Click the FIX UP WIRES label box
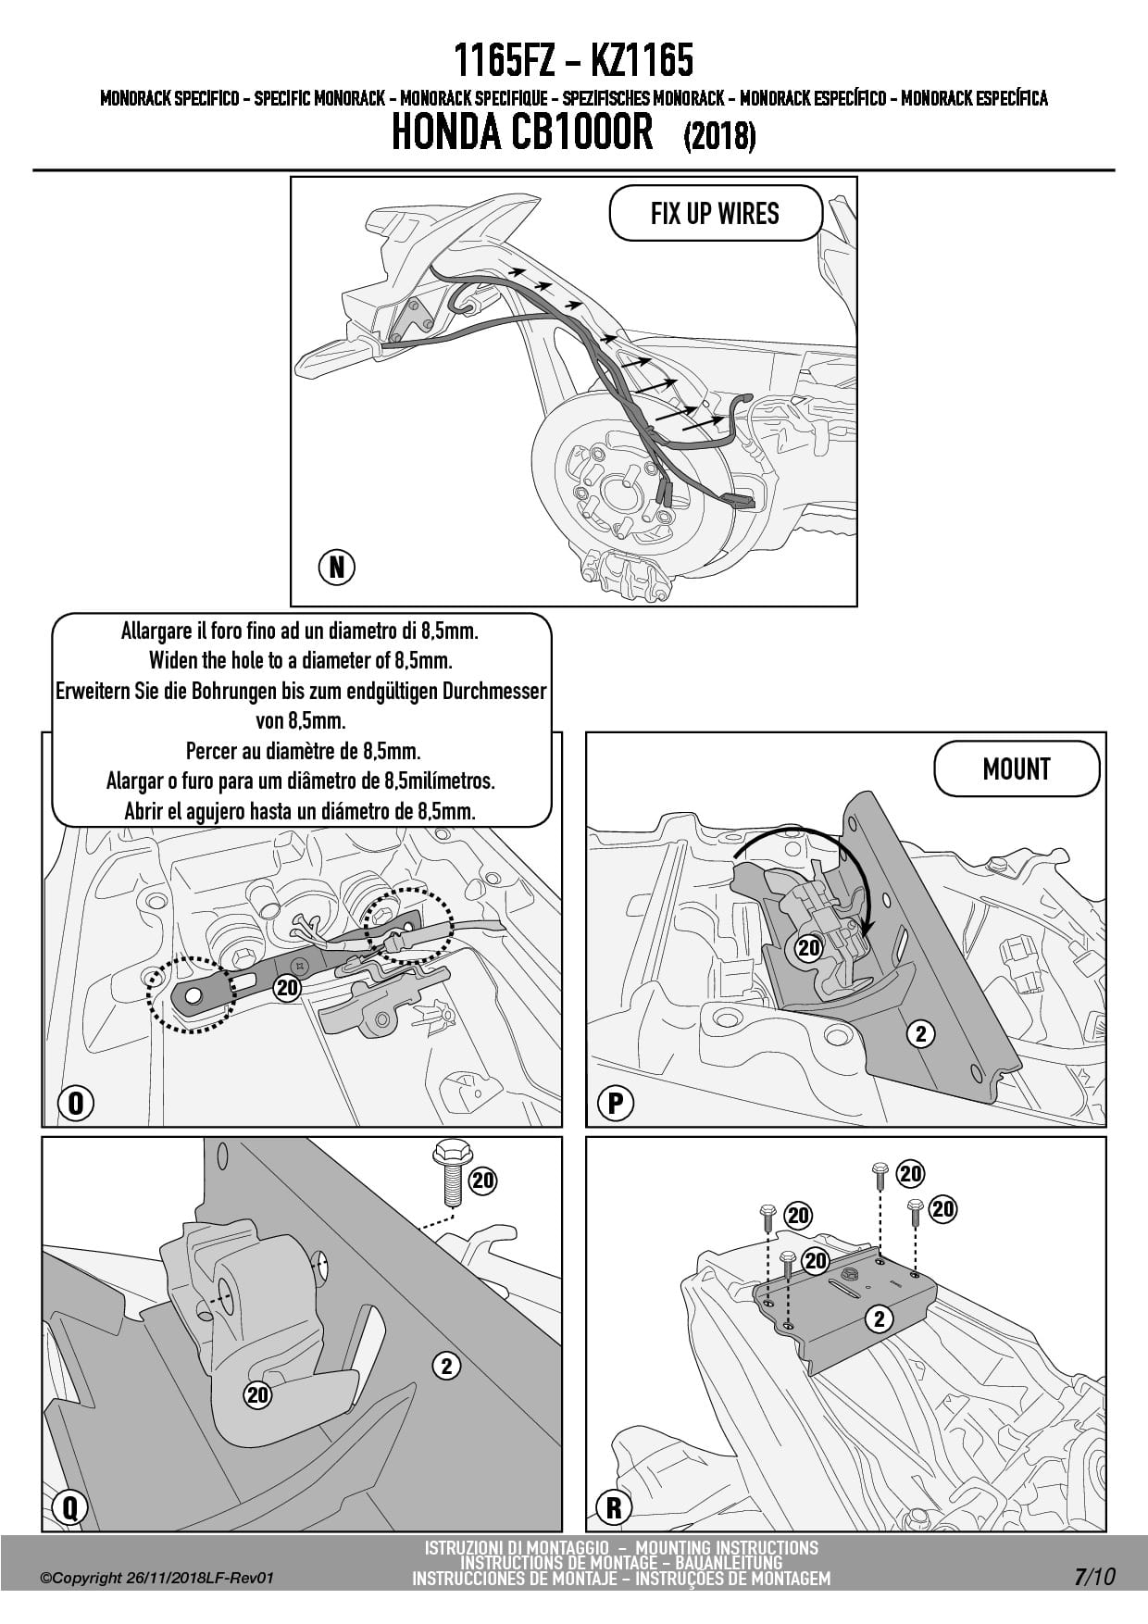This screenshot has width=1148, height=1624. coord(715,214)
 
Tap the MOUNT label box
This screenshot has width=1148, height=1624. coord(1017,769)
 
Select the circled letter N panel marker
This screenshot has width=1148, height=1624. coord(337,567)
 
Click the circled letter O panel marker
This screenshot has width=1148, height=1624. coord(76,1104)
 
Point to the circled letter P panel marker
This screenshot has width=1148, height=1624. coord(615,1104)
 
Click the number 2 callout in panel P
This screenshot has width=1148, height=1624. coord(920,1033)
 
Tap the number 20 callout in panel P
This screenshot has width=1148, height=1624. coord(809,947)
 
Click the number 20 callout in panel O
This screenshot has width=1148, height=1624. coord(288,988)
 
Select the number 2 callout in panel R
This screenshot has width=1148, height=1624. coord(880,1318)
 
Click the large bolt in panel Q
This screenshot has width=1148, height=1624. coord(450,1175)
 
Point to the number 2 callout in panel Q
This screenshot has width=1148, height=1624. coord(446,1365)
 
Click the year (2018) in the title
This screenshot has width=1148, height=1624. coord(719,137)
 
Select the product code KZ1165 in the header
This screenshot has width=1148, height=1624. coord(641,61)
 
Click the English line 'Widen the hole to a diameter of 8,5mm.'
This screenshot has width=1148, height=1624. coord(300,661)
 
